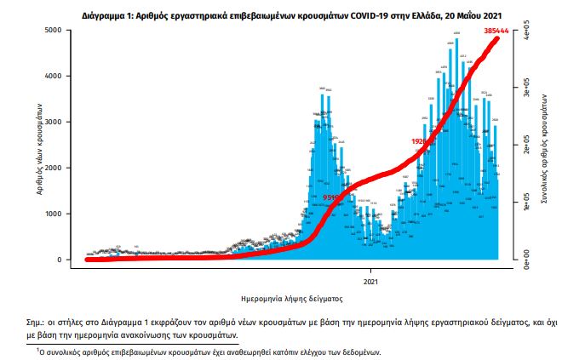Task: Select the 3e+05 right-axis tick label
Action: click(526, 91)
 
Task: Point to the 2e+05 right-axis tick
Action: click(526, 148)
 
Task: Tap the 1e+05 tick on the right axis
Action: click(526, 204)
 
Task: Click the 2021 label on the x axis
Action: click(371, 279)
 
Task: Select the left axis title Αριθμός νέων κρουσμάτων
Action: click(41, 146)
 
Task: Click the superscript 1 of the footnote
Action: click(38, 349)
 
